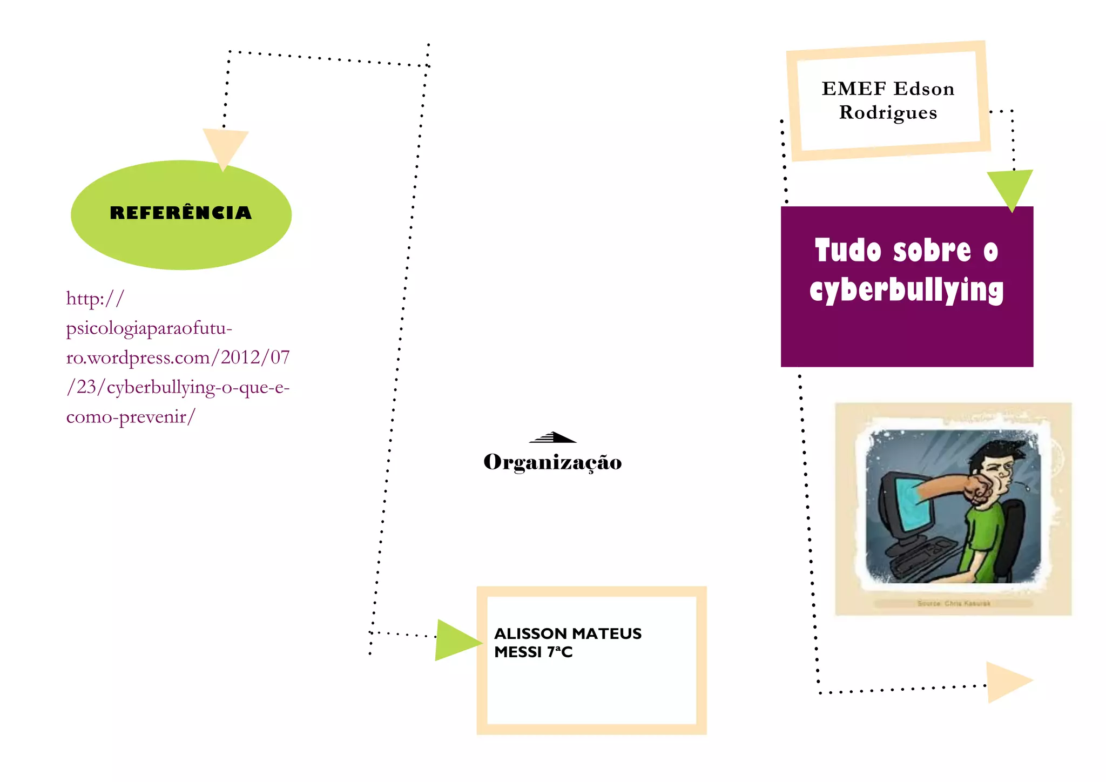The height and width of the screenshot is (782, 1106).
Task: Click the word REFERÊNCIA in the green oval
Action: coord(181,213)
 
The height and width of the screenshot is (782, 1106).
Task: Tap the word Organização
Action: coord(552,462)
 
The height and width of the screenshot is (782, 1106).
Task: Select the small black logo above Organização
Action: coord(552,437)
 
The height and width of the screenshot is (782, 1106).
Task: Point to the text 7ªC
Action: coord(560,652)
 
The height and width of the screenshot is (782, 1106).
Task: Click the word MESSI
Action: coord(518,652)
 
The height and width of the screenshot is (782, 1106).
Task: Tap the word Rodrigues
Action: coord(888,112)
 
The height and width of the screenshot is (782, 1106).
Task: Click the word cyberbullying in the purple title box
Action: coord(906,291)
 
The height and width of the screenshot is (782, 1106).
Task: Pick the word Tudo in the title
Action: coord(848,251)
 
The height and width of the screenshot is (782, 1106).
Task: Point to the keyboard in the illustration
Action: coord(918,562)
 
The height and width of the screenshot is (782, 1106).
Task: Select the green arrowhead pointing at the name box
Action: coord(456,641)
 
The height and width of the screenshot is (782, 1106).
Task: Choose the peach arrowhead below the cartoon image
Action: coord(1006,682)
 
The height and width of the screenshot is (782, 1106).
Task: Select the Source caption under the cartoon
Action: coord(953,603)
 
